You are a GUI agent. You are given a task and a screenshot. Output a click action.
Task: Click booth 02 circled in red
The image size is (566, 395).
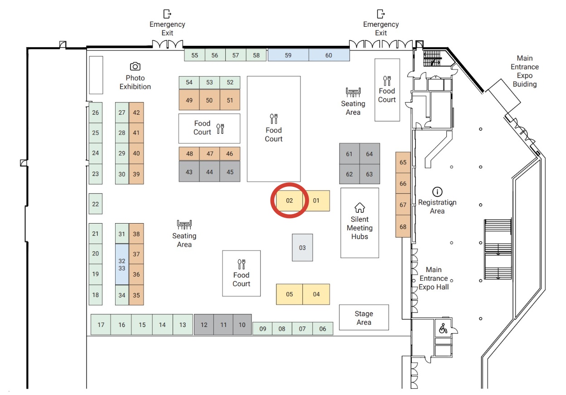[290, 200]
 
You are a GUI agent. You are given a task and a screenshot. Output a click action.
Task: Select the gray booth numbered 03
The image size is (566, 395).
[302, 248]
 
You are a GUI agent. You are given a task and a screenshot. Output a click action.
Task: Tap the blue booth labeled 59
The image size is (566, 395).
[288, 55]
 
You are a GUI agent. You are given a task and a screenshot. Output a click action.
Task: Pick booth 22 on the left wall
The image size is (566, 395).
[95, 204]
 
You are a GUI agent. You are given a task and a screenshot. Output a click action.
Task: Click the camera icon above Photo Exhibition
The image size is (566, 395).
[135, 66]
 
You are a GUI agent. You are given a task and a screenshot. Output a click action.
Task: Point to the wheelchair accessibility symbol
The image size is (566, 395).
[443, 328]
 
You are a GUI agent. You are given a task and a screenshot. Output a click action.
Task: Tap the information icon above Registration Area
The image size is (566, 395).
[437, 191]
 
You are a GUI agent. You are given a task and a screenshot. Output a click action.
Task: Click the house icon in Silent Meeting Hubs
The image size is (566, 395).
[359, 208]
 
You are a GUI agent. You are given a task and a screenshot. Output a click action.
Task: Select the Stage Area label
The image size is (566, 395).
[364, 317]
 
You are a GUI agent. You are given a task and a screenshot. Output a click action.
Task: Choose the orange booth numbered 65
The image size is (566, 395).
[403, 162]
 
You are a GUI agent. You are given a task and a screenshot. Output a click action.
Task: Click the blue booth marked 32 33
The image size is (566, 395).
[122, 264]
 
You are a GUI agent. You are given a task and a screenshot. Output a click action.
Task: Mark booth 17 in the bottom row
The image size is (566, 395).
[101, 325]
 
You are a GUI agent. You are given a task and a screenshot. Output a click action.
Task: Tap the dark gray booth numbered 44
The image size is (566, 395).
[209, 172]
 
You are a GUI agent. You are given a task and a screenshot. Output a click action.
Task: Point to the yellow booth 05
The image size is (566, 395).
[290, 294]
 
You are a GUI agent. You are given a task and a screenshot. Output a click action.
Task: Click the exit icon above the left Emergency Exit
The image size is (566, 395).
[167, 14]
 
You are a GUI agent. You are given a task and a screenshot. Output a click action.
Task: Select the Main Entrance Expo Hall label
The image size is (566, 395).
[433, 278]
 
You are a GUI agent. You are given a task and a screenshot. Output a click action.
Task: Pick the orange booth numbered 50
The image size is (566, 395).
[209, 100]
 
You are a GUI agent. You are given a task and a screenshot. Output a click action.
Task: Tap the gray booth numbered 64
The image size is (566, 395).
[369, 154]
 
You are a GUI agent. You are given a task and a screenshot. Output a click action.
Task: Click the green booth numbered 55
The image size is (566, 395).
[195, 55]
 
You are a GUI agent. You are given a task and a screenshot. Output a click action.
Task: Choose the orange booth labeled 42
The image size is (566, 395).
[136, 112]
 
